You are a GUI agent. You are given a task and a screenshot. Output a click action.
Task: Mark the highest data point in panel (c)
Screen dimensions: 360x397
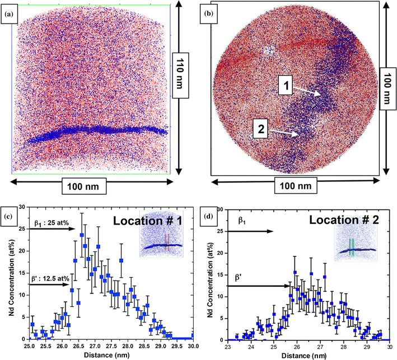click(82, 236)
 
